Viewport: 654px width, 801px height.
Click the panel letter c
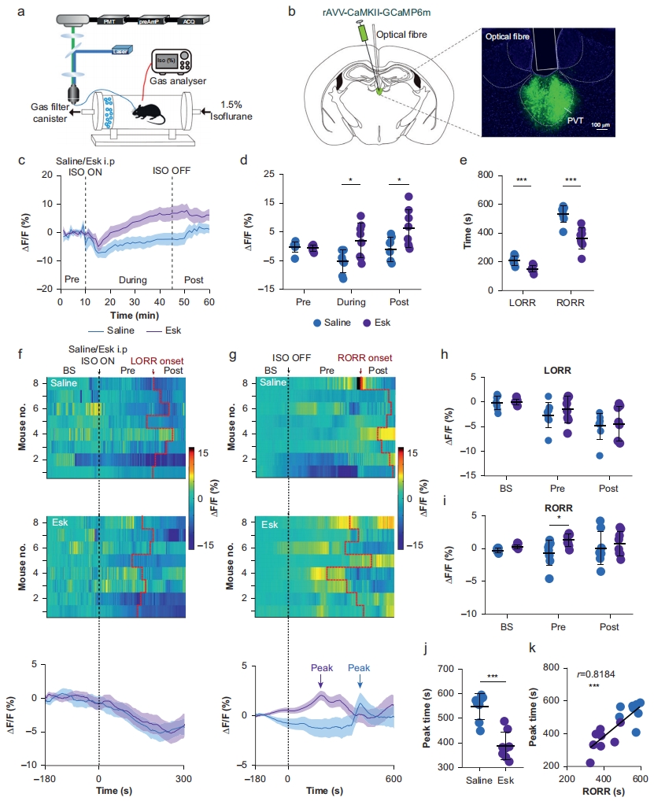pyautogui.click(x=24, y=161)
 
